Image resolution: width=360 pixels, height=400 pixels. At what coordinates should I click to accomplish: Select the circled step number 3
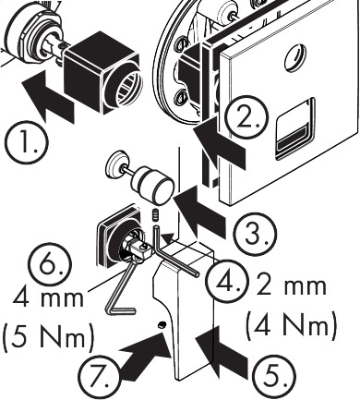tap(255, 234)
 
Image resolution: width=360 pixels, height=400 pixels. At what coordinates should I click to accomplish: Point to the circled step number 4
tap(226, 282)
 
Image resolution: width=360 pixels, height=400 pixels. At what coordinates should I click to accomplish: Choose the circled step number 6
tap(50, 264)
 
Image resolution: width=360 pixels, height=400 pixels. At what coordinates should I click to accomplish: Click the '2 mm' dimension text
tap(291, 285)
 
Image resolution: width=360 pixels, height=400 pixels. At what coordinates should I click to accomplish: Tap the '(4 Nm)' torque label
tap(291, 324)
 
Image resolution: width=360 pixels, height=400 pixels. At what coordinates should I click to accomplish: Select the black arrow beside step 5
tap(222, 353)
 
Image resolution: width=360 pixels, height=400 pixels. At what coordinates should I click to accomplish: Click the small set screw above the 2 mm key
tap(156, 214)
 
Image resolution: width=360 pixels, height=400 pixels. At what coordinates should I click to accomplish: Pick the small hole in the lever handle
tap(162, 325)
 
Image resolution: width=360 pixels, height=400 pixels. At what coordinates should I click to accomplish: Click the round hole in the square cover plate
tap(295, 57)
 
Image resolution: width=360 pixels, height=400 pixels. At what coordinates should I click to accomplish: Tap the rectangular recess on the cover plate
tap(294, 129)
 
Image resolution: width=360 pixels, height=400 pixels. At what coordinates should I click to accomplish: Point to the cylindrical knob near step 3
tap(152, 185)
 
